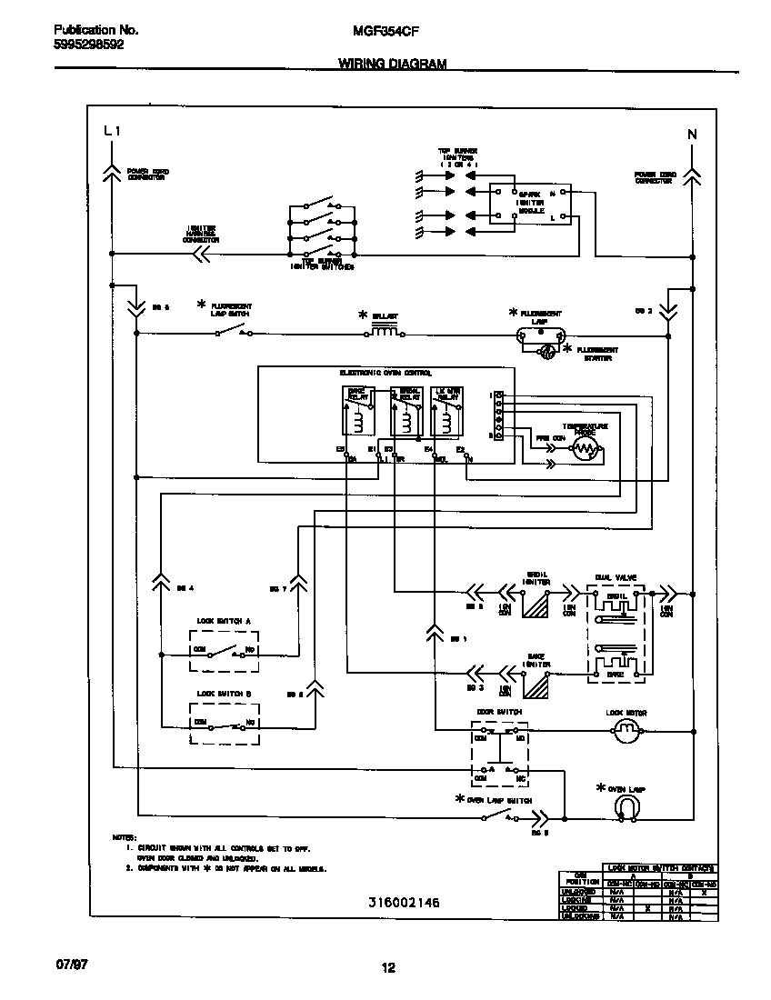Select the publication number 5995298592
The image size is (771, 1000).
tap(84, 44)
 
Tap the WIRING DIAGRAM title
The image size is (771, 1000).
tap(392, 65)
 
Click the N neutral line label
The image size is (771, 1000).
tap(691, 135)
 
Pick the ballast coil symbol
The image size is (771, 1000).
tap(385, 332)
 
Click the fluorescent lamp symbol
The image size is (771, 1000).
tap(543, 334)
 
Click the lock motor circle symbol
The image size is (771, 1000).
tap(625, 729)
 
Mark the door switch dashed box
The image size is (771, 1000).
tap(499, 754)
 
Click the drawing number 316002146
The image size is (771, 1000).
tap(404, 903)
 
